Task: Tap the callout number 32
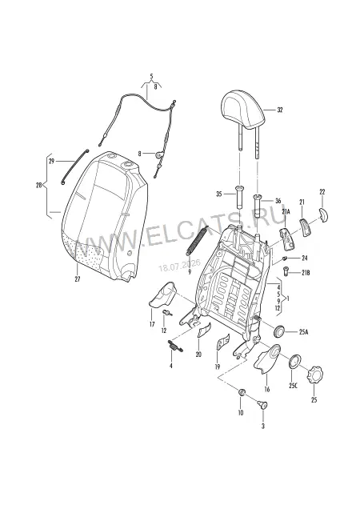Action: pos(280,110)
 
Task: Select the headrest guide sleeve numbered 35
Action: pos(239,197)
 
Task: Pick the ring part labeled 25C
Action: pos(294,361)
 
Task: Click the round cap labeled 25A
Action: pos(279,331)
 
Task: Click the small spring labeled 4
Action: pos(175,346)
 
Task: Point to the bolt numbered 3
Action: pos(262,404)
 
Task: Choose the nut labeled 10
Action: pos(241,392)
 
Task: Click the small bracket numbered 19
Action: pos(222,342)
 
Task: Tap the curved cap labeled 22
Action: pos(323,214)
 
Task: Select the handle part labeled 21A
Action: pos(287,238)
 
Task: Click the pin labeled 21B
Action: pos(286,271)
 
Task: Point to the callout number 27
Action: pos(78,279)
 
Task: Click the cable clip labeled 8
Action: pos(160,154)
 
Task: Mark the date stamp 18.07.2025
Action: pos(179,265)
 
